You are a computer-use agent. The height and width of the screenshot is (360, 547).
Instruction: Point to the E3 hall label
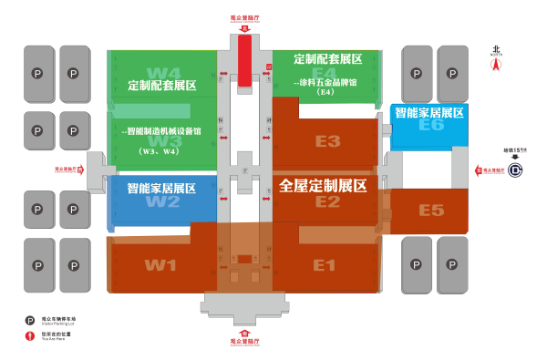click(327, 141)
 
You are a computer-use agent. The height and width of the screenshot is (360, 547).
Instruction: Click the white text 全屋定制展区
click(323, 185)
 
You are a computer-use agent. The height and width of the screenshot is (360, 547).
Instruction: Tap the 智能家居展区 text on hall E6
click(428, 112)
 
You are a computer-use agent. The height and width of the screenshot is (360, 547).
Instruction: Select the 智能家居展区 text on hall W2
click(162, 189)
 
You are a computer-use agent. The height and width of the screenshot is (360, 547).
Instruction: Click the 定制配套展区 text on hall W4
click(162, 86)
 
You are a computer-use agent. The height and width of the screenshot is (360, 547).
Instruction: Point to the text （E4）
click(326, 92)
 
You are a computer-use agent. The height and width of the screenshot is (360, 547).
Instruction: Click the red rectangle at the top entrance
click(244, 57)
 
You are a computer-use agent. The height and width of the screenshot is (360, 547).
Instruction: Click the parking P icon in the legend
click(28, 321)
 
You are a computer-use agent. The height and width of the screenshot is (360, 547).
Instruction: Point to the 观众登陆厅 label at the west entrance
click(69, 169)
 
